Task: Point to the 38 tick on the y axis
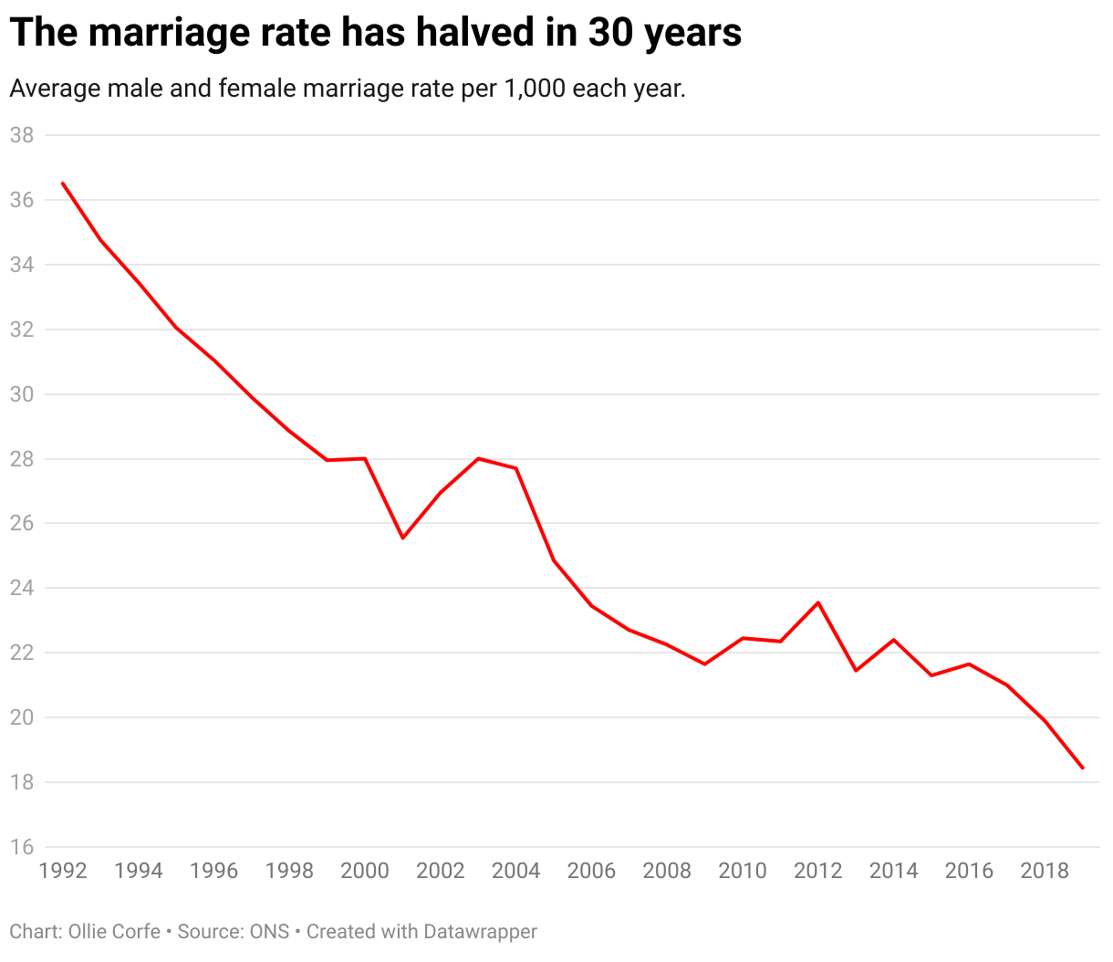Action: point(22,135)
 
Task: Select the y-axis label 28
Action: point(22,459)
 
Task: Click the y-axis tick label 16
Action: point(22,847)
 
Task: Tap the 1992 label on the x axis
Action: point(63,871)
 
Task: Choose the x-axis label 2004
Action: point(516,871)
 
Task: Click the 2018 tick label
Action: point(1045,871)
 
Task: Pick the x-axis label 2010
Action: point(743,871)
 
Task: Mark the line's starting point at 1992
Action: point(63,183)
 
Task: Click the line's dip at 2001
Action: point(402,538)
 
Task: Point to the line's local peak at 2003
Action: point(478,458)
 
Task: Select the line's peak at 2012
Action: point(818,602)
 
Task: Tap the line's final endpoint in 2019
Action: point(1082,768)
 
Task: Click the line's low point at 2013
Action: point(856,670)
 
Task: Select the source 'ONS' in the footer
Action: point(269,932)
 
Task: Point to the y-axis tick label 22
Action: point(22,653)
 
